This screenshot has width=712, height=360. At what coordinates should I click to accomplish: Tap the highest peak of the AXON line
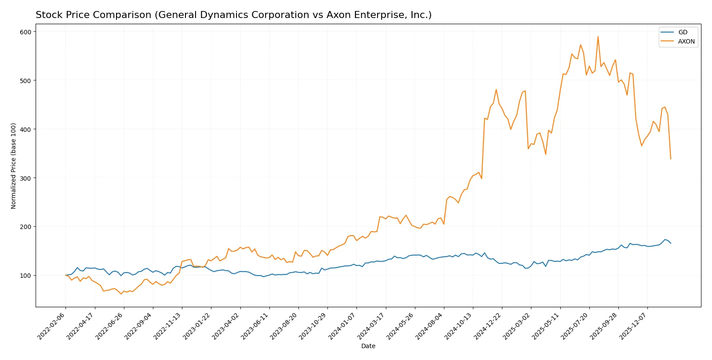click(598, 36)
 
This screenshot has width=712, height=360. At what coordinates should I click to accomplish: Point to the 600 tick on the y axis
click(25, 32)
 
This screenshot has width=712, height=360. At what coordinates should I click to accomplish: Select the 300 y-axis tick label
click(25, 178)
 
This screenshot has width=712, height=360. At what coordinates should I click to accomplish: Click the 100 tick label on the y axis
click(25, 276)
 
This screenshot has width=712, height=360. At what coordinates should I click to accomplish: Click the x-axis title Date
click(368, 346)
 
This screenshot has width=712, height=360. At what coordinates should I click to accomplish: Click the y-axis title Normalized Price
click(14, 166)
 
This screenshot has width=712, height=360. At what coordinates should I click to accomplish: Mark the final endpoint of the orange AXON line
click(671, 159)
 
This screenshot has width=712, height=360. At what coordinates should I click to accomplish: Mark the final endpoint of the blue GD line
click(671, 243)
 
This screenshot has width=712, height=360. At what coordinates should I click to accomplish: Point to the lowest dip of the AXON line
click(121, 294)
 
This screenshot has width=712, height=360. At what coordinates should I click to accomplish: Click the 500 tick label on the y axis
click(25, 80)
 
